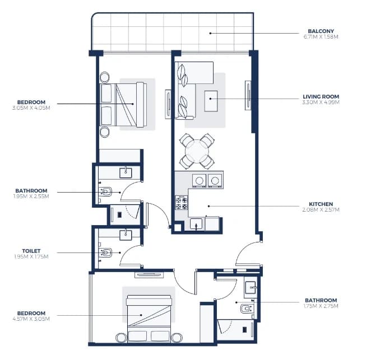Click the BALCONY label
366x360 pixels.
(x=321, y=31)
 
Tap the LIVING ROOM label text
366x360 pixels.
(x=321, y=96)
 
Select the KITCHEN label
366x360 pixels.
(x=321, y=204)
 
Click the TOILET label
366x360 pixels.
(x=31, y=251)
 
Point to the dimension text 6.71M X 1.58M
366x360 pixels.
(x=321, y=37)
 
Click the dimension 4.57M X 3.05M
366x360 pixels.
(x=31, y=319)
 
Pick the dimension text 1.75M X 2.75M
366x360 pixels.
(x=321, y=306)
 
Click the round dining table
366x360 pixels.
(x=197, y=151)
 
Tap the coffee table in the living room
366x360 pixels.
(x=211, y=101)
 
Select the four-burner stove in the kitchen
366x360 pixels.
(x=182, y=203)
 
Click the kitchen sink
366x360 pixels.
(x=196, y=224)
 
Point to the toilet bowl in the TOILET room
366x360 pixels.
(x=105, y=253)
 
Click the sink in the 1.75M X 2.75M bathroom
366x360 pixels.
(x=251, y=287)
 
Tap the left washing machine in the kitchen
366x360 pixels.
(x=199, y=180)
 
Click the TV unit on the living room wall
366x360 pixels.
(x=248, y=95)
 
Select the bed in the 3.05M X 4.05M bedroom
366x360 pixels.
(x=123, y=105)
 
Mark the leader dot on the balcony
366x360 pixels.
(x=210, y=34)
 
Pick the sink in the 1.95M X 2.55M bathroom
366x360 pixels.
(x=126, y=173)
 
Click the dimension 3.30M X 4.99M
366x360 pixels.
(x=321, y=102)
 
